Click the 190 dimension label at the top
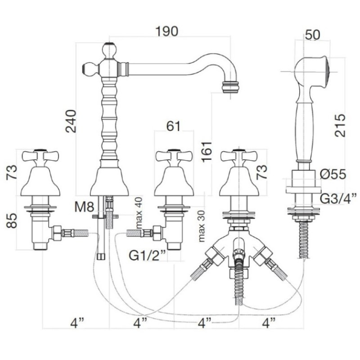(x=166, y=31)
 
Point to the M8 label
(x=85, y=207)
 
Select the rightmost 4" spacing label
(x=268, y=322)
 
